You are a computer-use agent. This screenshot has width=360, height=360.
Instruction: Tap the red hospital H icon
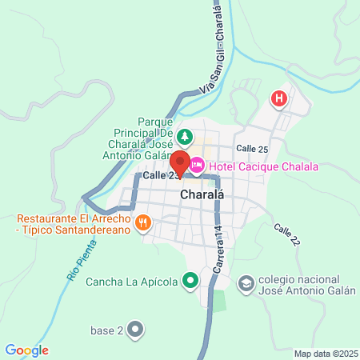[279, 99]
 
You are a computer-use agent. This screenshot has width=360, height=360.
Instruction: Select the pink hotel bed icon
[197, 166]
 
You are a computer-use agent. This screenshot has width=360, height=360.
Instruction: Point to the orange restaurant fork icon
[142, 222]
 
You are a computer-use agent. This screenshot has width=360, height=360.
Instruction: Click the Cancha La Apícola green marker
[190, 280]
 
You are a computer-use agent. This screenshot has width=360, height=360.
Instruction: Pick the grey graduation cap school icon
[246, 283]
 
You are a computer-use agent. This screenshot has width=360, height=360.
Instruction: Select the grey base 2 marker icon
[135, 328]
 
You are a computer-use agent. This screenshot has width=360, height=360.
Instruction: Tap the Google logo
[26, 350]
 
